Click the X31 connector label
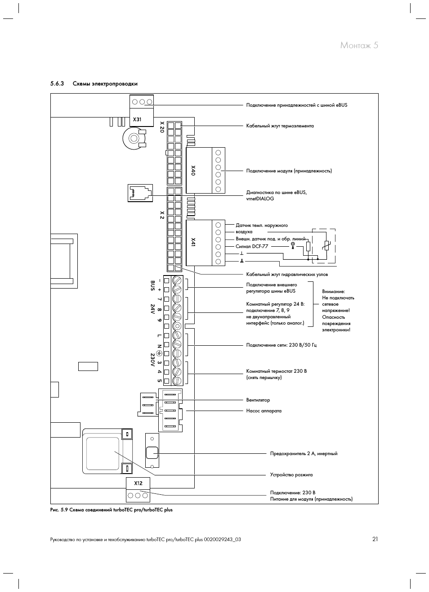[x=137, y=120]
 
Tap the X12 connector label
[x=138, y=484]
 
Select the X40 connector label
[x=193, y=170]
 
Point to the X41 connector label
[x=193, y=242]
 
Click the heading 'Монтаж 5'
[x=359, y=45]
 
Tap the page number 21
[x=375, y=539]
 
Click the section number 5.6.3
[x=58, y=84]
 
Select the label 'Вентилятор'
[x=258, y=400]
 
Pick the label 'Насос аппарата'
[x=264, y=411]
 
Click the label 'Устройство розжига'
[x=291, y=475]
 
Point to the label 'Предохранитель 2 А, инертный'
[x=304, y=454]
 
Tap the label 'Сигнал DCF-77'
[x=253, y=247]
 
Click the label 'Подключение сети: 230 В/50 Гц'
[x=281, y=345]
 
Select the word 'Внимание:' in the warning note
[x=333, y=292]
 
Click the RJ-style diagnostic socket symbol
[x=140, y=193]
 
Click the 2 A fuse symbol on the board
[x=152, y=452]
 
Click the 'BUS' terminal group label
[x=152, y=285]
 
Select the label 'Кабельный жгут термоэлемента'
[x=280, y=126]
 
